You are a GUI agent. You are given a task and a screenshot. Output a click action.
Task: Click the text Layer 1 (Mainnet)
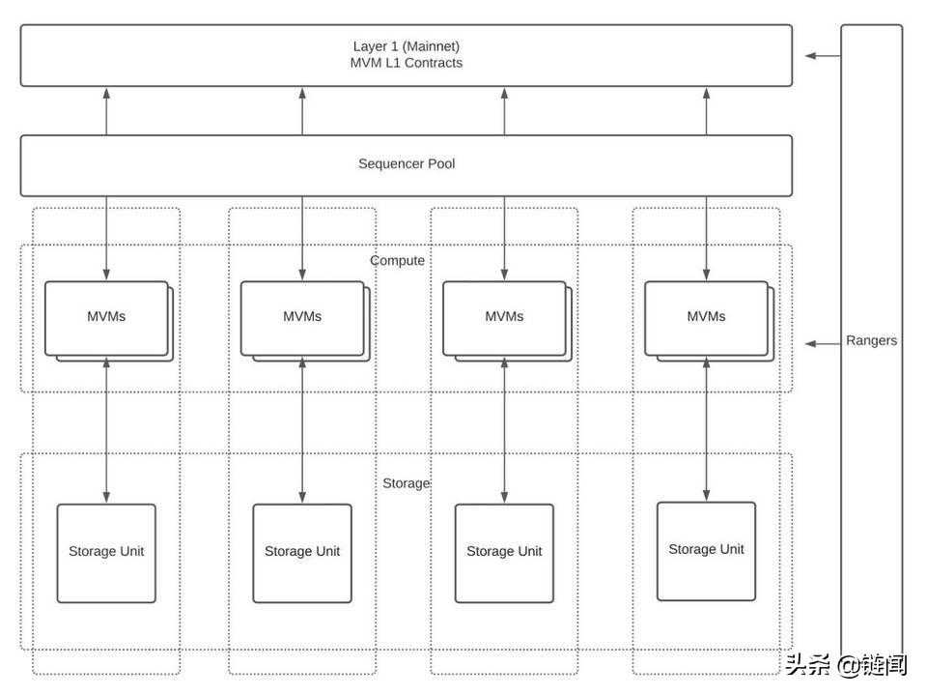pos(406,46)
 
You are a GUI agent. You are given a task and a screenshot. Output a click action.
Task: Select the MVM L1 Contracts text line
pos(406,63)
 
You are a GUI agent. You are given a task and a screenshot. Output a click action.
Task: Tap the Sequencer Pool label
pos(407,164)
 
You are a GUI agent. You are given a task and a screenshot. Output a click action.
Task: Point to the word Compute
pos(397,261)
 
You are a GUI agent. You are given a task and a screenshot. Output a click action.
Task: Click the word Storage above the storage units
pos(406,483)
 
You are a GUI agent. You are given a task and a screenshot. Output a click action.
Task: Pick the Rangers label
pos(871,340)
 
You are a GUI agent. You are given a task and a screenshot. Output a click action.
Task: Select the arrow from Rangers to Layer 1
pos(823,56)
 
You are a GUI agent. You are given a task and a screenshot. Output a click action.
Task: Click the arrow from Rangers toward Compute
pos(823,343)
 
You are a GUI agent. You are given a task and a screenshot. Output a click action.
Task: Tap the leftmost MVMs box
pos(106,318)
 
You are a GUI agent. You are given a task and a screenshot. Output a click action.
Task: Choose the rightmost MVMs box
pos(706,318)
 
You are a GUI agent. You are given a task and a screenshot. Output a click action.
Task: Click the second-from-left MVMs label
pos(302,317)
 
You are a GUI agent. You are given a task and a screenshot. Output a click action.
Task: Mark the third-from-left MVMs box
pos(504,318)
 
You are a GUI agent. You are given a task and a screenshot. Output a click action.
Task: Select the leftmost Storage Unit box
pos(106,553)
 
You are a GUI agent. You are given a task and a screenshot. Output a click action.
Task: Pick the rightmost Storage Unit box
pos(706,551)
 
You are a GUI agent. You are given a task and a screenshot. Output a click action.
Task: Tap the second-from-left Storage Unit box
pos(302,553)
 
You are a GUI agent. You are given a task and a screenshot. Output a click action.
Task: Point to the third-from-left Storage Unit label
pos(504,552)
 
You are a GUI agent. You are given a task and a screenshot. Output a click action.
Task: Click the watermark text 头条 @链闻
pos(846,665)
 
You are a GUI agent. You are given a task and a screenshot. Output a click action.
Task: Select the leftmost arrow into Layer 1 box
pos(106,110)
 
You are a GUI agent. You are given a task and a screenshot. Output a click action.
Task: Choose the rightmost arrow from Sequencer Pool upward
pos(706,110)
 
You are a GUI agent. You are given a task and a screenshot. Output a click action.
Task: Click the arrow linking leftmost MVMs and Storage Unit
pos(106,430)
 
